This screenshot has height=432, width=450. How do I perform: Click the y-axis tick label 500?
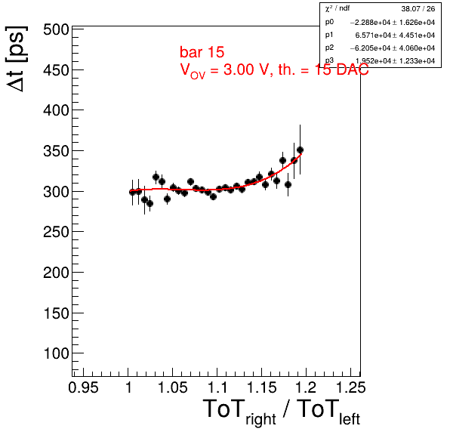(x=56, y=29)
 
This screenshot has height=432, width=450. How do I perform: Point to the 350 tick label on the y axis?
(x=56, y=151)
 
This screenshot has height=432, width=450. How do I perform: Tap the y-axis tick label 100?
(x=56, y=353)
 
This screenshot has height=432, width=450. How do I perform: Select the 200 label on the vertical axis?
(x=56, y=273)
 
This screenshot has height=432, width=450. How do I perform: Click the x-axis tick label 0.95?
(x=83, y=387)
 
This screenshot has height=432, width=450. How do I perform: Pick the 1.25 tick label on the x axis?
(x=350, y=387)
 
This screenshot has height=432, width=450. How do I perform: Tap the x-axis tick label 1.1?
(x=217, y=387)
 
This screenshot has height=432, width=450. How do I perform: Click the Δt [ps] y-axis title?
(x=17, y=59)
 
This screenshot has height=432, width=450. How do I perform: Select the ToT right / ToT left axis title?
(x=282, y=412)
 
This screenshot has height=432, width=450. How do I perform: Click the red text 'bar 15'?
(x=202, y=52)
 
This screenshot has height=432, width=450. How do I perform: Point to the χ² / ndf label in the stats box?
(x=337, y=8)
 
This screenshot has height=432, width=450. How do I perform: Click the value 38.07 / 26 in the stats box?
(x=418, y=9)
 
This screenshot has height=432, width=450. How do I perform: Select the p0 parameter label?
(x=329, y=22)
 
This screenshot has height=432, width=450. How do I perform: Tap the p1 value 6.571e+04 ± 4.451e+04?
(x=395, y=35)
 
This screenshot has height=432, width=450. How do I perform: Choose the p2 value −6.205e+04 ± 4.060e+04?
(x=393, y=48)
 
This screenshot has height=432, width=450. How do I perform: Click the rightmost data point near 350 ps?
(x=301, y=150)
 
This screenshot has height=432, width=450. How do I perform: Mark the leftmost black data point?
(x=132, y=193)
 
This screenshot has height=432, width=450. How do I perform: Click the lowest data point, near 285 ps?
(x=149, y=203)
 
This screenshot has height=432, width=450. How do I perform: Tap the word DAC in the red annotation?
(x=353, y=69)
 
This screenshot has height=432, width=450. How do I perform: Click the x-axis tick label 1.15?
(x=262, y=387)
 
